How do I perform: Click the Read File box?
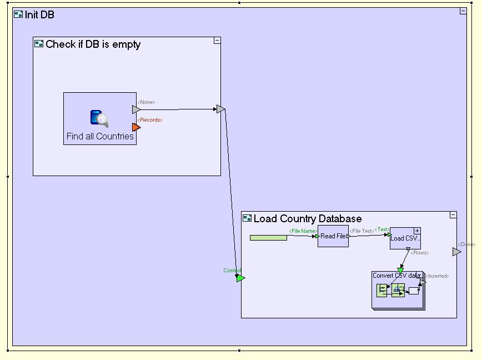pyautogui.click(x=333, y=236)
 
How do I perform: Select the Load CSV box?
pyautogui.click(x=405, y=238)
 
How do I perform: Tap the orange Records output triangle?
pyautogui.click(x=136, y=127)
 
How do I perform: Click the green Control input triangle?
pyautogui.click(x=240, y=278)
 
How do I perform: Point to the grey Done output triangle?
pyautogui.click(x=456, y=252)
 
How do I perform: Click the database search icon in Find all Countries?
pyautogui.click(x=99, y=118)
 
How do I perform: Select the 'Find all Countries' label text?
pyautogui.click(x=100, y=136)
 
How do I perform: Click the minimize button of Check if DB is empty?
pyautogui.click(x=217, y=41)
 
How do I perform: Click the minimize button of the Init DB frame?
pyautogui.click(x=463, y=11)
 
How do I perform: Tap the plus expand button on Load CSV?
pyautogui.click(x=417, y=231)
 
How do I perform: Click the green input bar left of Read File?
pyautogui.click(x=268, y=238)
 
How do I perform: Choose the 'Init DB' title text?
pyautogui.click(x=39, y=14)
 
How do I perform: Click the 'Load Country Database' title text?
pyautogui.click(x=307, y=218)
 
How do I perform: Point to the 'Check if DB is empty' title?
pyautogui.click(x=93, y=44)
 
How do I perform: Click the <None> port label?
pyautogui.click(x=146, y=102)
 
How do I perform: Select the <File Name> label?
pyautogui.click(x=303, y=231)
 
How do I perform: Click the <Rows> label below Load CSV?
pyautogui.click(x=419, y=253)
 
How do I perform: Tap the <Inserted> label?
pyautogui.click(x=437, y=276)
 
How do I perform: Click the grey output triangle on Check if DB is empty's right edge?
pyautogui.click(x=220, y=109)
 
